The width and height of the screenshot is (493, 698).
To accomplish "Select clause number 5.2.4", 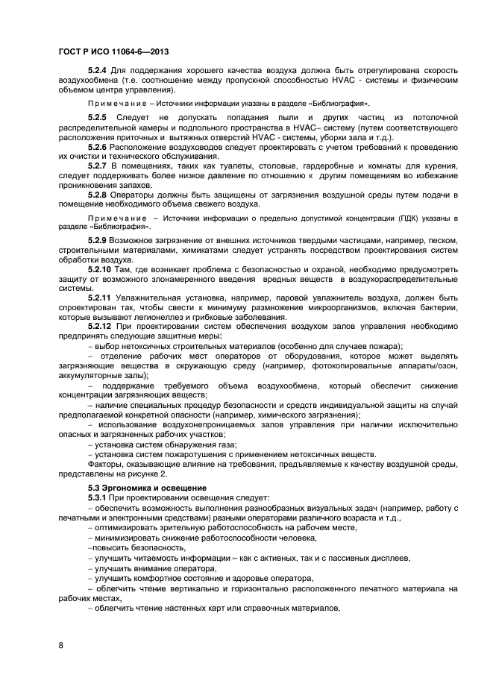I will pyautogui.click(x=98, y=70).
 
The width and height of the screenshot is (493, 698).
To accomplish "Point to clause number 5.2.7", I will pyautogui.click(x=98, y=165).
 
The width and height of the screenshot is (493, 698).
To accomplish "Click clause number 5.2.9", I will pyautogui.click(x=98, y=241).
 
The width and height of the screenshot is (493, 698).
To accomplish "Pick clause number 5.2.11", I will pyautogui.click(x=101, y=298).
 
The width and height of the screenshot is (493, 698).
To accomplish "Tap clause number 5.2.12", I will pyautogui.click(x=101, y=327).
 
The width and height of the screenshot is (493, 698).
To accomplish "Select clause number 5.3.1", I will pyautogui.click(x=98, y=497).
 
